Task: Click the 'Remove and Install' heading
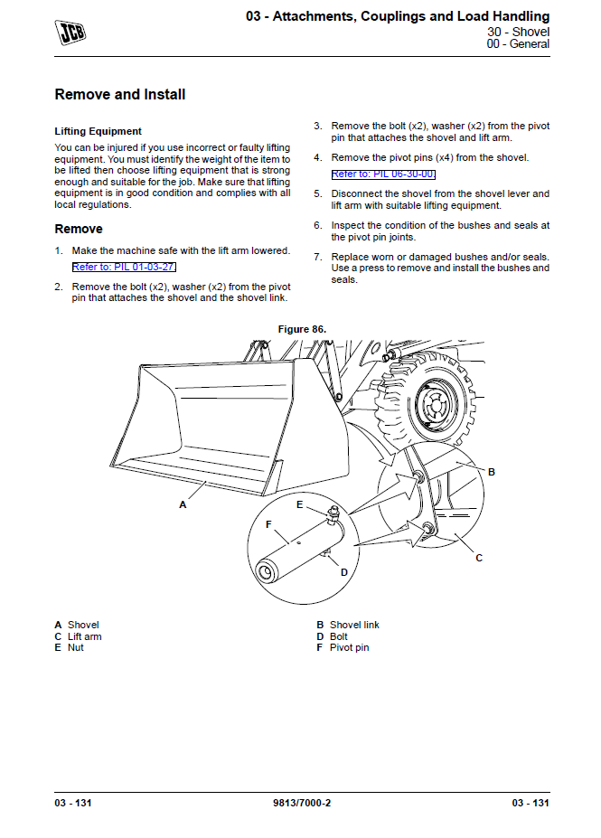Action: (120, 95)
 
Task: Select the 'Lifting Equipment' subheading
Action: (98, 131)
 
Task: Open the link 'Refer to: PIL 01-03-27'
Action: (124, 268)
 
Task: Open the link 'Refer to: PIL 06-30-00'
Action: (383, 174)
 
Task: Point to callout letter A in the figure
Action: (183, 505)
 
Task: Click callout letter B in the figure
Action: (492, 472)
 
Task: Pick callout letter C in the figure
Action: (479, 558)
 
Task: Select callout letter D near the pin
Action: (344, 572)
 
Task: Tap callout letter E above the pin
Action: (300, 505)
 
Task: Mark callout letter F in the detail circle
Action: (268, 523)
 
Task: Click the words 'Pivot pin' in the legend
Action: (349, 647)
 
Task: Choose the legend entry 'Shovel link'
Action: (354, 625)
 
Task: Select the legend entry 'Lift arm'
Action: (84, 636)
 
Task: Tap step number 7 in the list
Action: (318, 257)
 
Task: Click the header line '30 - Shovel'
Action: (518, 32)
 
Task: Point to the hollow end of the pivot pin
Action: (267, 572)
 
